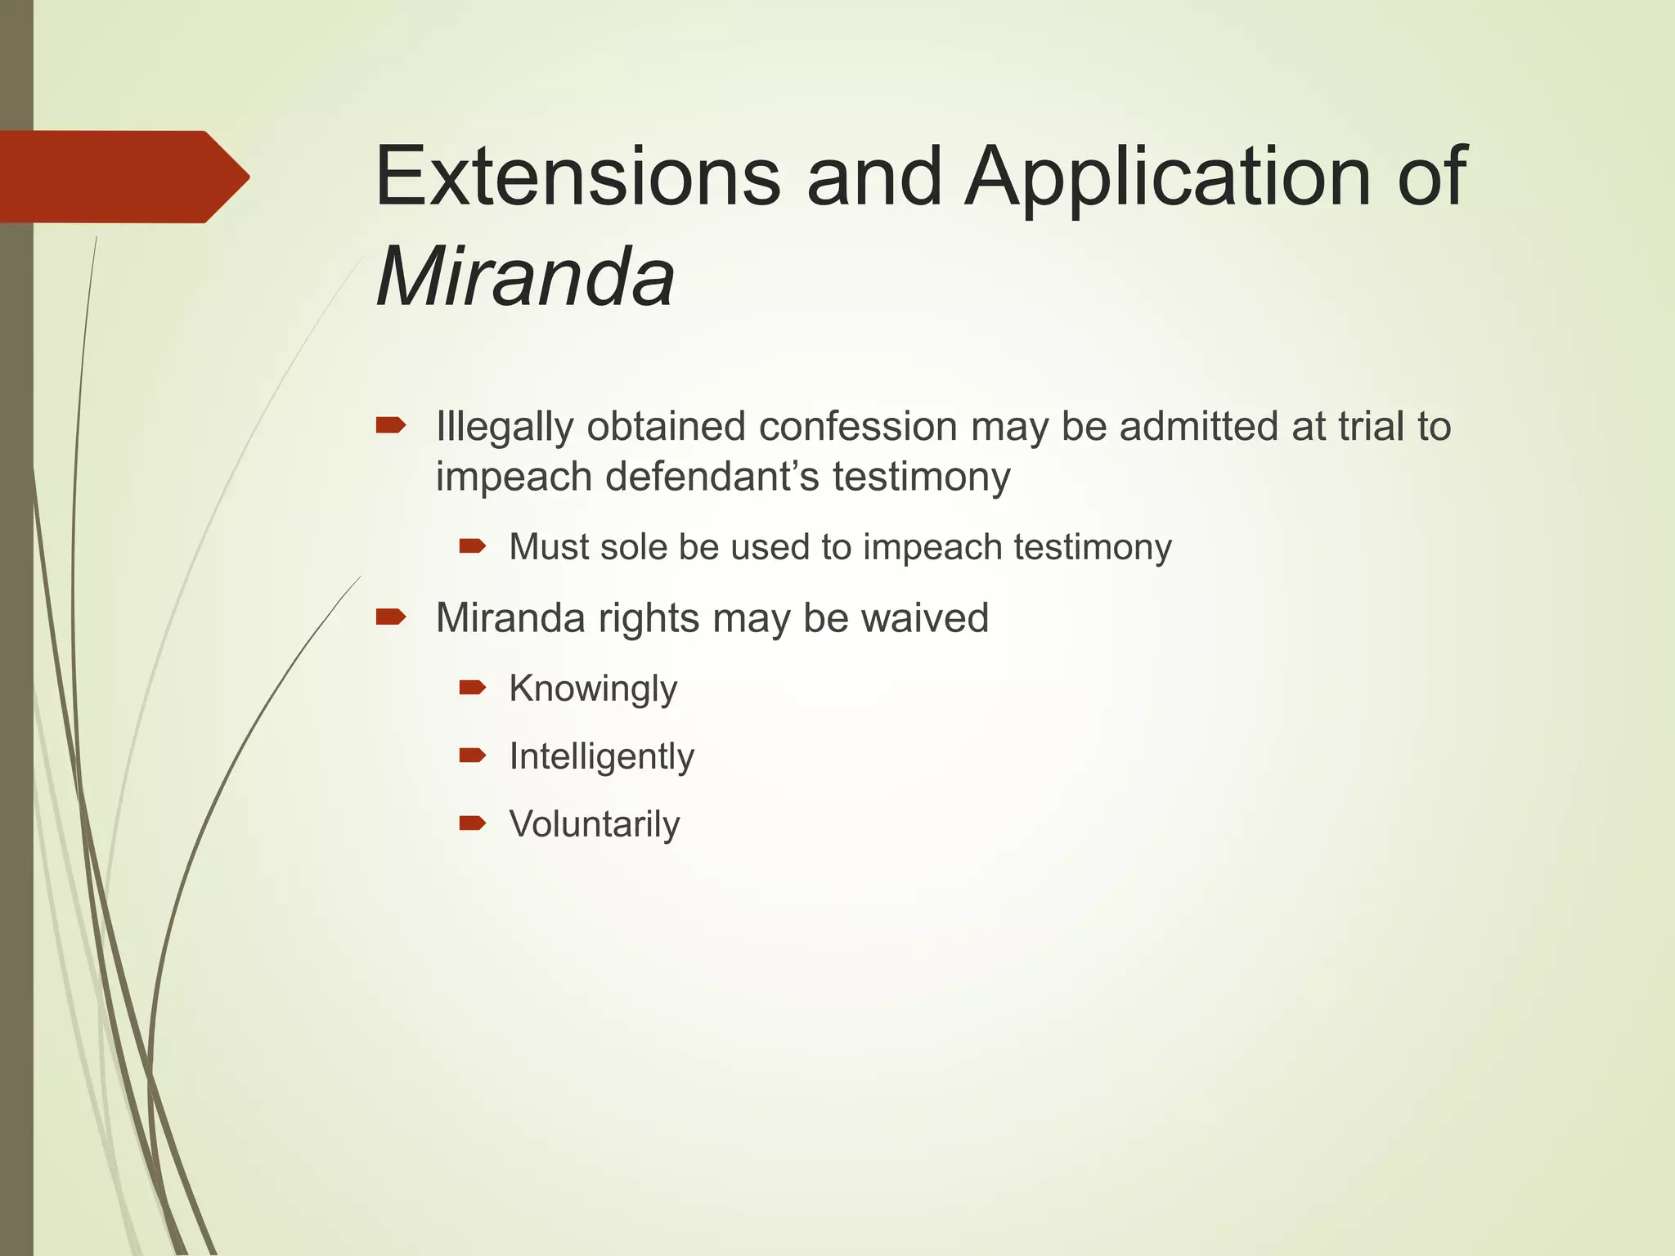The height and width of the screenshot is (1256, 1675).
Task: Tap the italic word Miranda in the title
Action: (x=525, y=277)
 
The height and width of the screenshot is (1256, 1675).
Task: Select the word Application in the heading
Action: (x=1167, y=177)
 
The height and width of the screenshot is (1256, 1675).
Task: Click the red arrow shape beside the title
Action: (x=123, y=177)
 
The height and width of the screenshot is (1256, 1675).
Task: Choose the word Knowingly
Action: (x=593, y=689)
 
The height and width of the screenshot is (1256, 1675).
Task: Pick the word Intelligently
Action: (x=601, y=756)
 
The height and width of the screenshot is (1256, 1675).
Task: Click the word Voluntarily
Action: (x=595, y=824)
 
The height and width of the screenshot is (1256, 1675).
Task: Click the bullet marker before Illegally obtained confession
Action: (x=391, y=424)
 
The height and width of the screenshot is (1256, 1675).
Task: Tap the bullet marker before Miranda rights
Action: (x=391, y=616)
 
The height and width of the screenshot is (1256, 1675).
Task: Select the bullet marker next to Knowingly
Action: (x=473, y=687)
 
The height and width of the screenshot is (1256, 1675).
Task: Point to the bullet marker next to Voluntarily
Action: (x=473, y=823)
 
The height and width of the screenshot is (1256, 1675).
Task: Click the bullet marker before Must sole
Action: (x=473, y=545)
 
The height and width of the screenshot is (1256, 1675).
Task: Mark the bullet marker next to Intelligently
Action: (x=473, y=755)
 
